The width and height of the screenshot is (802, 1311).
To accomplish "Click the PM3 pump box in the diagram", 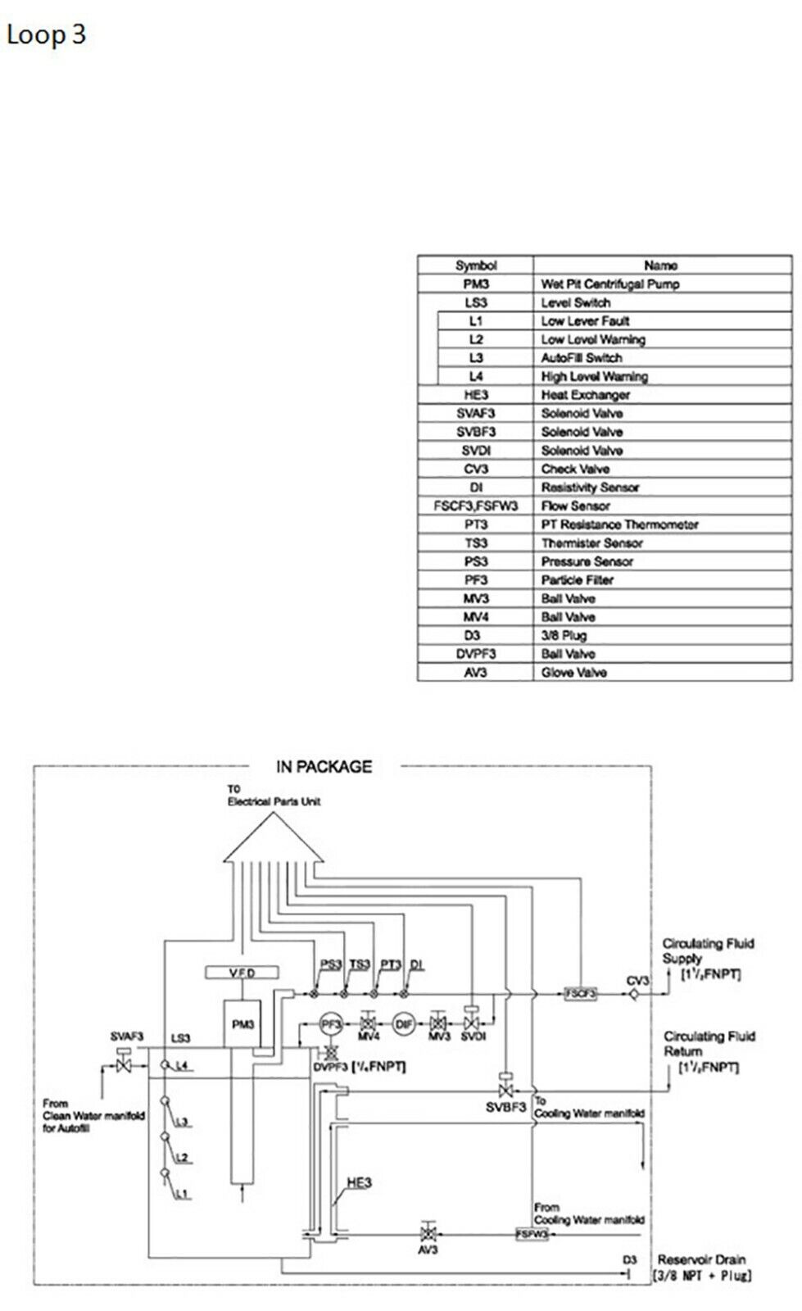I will pyautogui.click(x=242, y=1024).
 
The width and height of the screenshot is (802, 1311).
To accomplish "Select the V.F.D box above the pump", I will pyautogui.click(x=242, y=973).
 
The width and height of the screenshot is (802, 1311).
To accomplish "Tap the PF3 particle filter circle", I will pyautogui.click(x=330, y=1023).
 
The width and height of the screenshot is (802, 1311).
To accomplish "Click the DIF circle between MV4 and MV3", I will pyautogui.click(x=403, y=1023).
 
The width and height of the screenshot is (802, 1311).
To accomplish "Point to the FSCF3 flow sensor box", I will pyautogui.click(x=580, y=993).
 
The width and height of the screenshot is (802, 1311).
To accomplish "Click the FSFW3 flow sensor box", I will pyautogui.click(x=532, y=1234).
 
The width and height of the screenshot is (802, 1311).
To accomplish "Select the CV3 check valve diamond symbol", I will pyautogui.click(x=635, y=994).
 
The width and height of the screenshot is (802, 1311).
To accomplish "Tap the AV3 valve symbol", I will pyautogui.click(x=427, y=1234).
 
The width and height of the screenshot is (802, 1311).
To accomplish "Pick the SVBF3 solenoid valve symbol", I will pyautogui.click(x=505, y=1089).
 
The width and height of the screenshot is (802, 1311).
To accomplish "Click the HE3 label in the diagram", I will pyautogui.click(x=359, y=1182).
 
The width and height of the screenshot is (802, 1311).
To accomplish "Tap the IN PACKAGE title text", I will pyautogui.click(x=324, y=767).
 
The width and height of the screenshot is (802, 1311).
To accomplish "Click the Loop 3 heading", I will pyautogui.click(x=46, y=34).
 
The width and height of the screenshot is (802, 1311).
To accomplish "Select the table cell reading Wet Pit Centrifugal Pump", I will pyautogui.click(x=610, y=284).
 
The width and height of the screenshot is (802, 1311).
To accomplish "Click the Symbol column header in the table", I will pyautogui.click(x=476, y=265).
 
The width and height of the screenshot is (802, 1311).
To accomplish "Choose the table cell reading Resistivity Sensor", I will pyautogui.click(x=590, y=488).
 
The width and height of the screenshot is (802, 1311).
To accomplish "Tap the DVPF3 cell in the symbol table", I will pyautogui.click(x=476, y=654).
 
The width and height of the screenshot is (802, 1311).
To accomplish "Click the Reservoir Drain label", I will pyautogui.click(x=701, y=1259).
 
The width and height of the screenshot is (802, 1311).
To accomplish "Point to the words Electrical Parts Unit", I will pyautogui.click(x=274, y=801).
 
